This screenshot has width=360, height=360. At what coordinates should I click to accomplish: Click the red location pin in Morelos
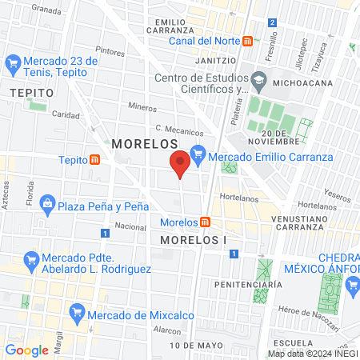coord(180,162)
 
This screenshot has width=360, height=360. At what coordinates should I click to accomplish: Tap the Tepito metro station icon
coord(95,159)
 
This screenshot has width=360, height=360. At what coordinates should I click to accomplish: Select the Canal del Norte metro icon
coord(248,41)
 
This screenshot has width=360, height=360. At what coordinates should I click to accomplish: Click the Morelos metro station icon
coord(206,222)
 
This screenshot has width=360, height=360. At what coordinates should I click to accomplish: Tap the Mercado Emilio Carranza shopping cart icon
coord(198,157)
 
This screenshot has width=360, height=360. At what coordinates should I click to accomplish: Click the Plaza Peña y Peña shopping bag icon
coord(47,206)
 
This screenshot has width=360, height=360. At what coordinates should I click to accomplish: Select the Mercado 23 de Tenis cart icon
coord(13,62)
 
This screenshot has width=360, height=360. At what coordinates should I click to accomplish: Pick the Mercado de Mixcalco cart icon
coord(77,310)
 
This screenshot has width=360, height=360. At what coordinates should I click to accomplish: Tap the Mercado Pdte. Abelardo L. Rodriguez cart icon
coord(32,259)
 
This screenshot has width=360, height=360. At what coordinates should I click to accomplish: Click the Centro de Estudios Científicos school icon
coord(258,80)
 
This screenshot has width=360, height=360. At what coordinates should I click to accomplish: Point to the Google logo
coord(27,350)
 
